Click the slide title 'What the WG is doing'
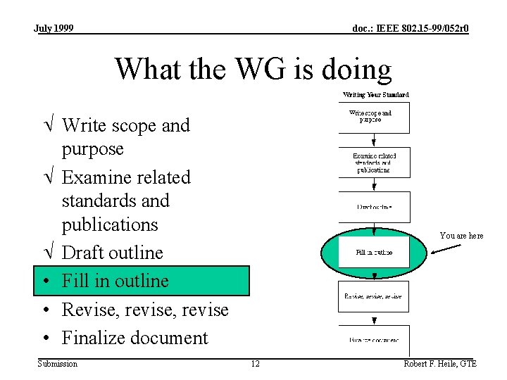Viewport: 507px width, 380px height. click(253, 70)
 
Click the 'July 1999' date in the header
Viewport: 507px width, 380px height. click(54, 28)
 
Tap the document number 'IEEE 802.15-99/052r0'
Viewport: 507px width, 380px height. click(411, 28)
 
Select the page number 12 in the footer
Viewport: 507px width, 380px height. click(255, 363)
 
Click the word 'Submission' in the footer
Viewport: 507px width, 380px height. click(58, 363)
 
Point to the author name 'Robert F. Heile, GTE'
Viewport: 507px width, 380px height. click(439, 363)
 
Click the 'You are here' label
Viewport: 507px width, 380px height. click(461, 236)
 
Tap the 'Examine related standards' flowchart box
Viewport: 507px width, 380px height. click(374, 163)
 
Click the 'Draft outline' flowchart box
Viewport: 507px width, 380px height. click(374, 207)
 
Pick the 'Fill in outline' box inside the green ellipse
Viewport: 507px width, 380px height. click(374, 252)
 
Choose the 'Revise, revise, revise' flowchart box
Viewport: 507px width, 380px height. click(374, 296)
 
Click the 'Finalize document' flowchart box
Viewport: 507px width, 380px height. click(374, 340)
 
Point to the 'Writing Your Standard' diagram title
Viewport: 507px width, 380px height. click(375, 94)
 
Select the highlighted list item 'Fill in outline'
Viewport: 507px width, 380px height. click(141, 281)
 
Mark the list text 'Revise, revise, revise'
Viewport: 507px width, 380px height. click(145, 310)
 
